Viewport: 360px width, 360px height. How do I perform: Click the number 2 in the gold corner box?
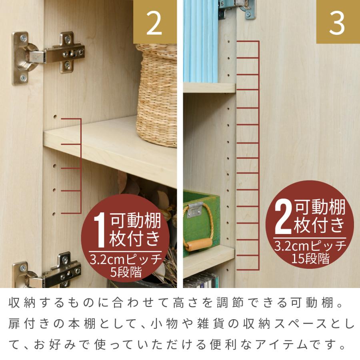(154, 23)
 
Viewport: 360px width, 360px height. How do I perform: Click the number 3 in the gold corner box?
(337, 23)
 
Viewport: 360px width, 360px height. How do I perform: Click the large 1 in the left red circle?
(100, 231)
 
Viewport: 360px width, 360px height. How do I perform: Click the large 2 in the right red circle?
(283, 218)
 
